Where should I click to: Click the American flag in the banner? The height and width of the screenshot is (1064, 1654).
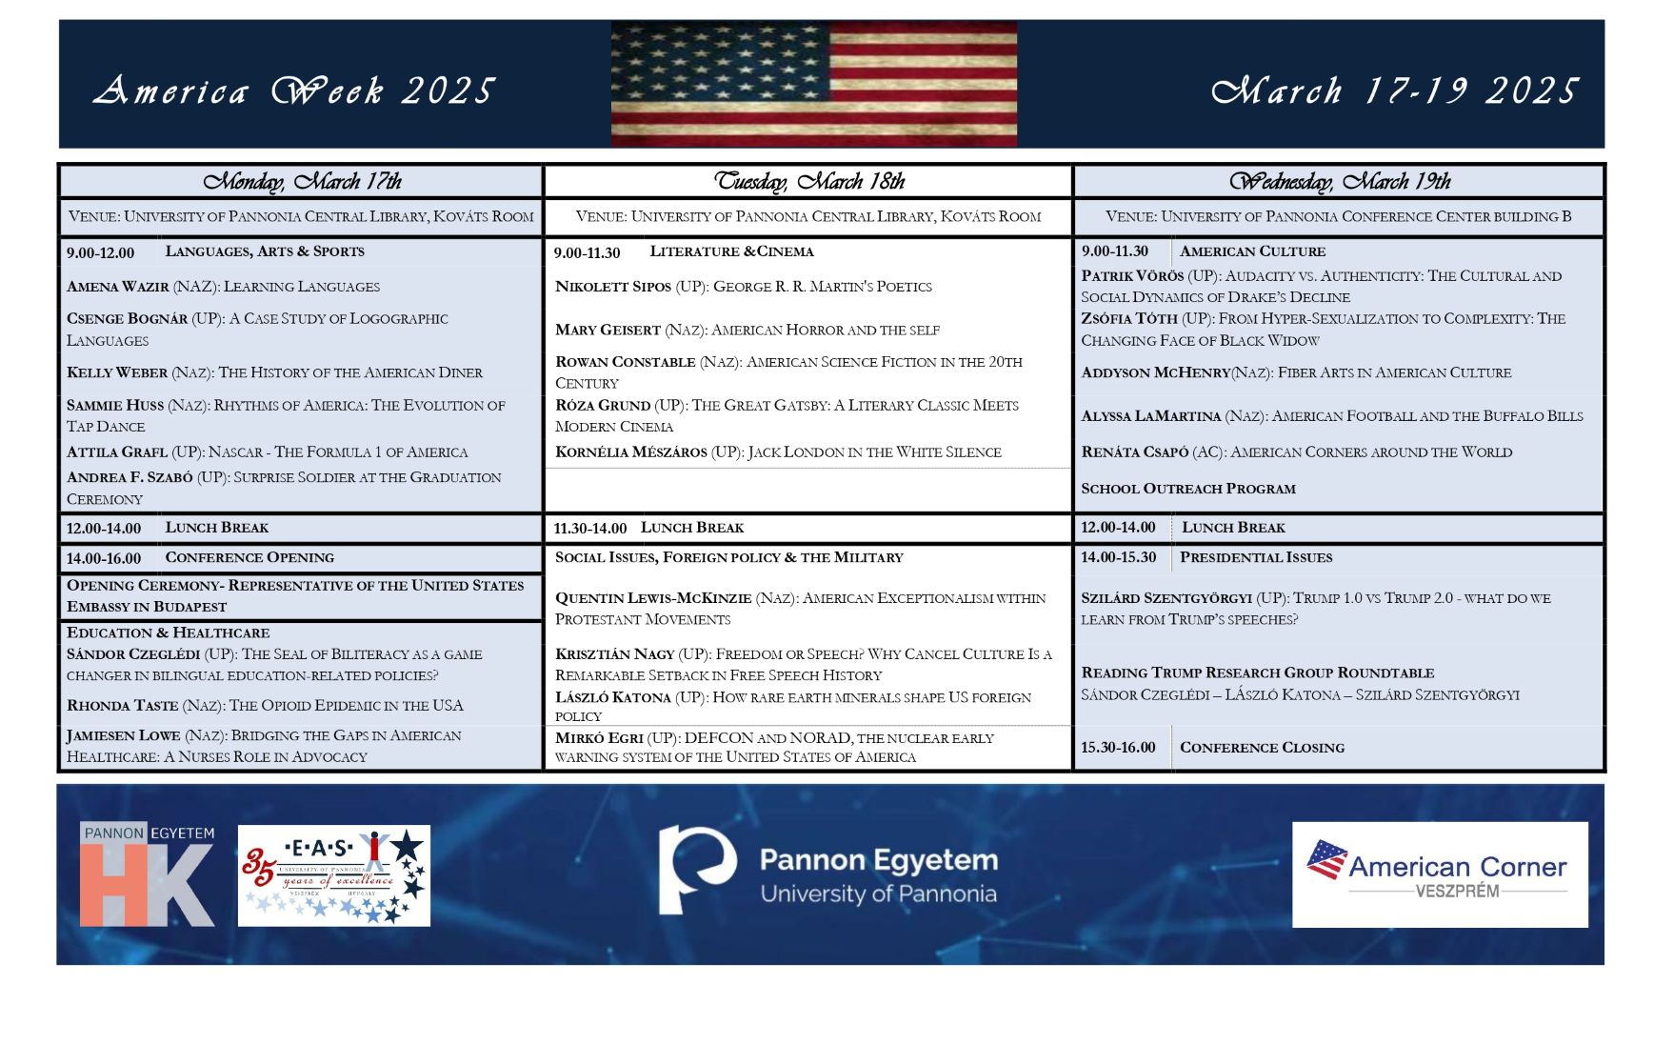click(813, 84)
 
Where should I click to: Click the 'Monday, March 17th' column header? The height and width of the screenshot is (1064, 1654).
click(302, 181)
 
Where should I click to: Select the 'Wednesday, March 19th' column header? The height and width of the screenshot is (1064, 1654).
click(1339, 181)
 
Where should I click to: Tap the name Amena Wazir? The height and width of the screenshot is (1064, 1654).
click(117, 287)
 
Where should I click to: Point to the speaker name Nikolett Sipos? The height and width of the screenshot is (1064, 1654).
click(612, 287)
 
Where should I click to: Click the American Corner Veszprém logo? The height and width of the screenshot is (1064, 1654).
click(1439, 874)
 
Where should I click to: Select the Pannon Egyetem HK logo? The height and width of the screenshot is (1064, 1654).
click(147, 874)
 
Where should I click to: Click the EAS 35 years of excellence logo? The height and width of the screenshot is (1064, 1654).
click(333, 875)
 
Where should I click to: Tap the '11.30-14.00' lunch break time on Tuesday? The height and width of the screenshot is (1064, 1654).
click(590, 529)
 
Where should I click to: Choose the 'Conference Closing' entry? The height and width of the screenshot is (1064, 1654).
click(1262, 748)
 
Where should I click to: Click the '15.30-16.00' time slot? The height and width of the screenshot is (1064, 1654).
click(1118, 748)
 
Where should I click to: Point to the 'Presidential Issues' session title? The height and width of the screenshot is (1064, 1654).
click(1255, 557)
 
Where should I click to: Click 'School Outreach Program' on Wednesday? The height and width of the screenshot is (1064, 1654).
click(1187, 489)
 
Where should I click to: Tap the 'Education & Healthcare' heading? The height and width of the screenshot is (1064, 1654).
click(168, 632)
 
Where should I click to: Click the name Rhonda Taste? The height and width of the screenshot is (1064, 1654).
click(122, 706)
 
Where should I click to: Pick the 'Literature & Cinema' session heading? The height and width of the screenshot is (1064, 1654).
click(731, 251)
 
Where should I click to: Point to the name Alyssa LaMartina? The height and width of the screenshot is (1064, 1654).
click(1150, 416)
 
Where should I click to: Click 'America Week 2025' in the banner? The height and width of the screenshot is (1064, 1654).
click(294, 91)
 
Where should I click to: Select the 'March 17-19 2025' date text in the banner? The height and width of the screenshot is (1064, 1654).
click(1395, 91)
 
